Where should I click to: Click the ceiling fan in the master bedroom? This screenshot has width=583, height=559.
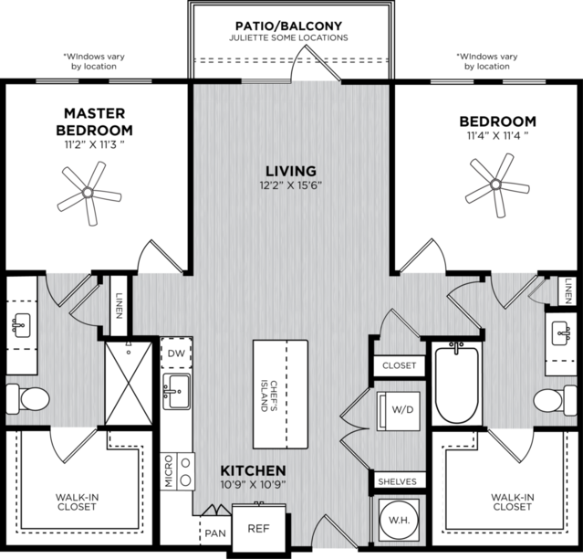[88, 193]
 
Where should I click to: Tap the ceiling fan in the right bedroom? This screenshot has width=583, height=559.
[496, 185]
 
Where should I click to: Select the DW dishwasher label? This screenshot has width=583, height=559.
[176, 353]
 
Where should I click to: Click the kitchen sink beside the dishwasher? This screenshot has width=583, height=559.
[177, 392]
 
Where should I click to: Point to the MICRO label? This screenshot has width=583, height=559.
[169, 470]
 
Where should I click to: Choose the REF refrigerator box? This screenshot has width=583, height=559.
[259, 529]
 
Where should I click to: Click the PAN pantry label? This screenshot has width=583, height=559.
[215, 533]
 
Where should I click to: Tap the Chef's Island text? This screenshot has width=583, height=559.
[269, 396]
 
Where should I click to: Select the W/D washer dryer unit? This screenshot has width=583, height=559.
[399, 411]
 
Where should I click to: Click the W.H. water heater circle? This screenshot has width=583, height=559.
[399, 519]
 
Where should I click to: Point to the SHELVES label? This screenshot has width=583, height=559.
[397, 481]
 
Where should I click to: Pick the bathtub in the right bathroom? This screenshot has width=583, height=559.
[456, 384]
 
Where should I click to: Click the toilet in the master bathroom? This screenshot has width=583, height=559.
[28, 399]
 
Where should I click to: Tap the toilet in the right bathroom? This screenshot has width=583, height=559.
[555, 400]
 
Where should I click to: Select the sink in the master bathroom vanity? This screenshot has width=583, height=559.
[21, 325]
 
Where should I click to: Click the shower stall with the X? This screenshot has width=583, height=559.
[129, 384]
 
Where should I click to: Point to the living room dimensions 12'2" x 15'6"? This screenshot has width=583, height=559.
[290, 185]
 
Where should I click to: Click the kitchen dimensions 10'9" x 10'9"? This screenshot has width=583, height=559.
[254, 485]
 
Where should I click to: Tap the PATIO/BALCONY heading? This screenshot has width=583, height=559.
[288, 26]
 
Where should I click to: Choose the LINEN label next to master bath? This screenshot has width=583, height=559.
[119, 306]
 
